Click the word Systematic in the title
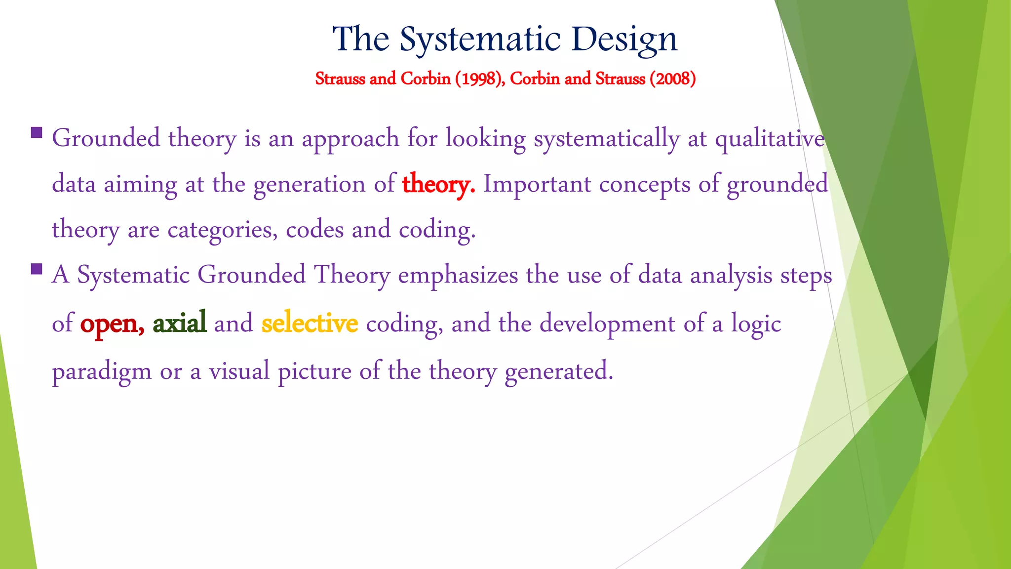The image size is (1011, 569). tap(480, 40)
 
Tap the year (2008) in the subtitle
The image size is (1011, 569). tap(672, 79)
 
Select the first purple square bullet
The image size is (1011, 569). tap(36, 132)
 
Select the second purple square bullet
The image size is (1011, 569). tap(36, 269)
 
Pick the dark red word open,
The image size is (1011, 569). tap(112, 324)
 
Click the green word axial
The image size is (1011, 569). tap(179, 323)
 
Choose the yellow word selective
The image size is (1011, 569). tap(310, 323)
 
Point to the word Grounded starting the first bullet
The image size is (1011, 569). tap(106, 138)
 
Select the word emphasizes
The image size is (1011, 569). tap(458, 275)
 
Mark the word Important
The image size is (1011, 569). tap(537, 184)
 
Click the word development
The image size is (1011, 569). tap(607, 324)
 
